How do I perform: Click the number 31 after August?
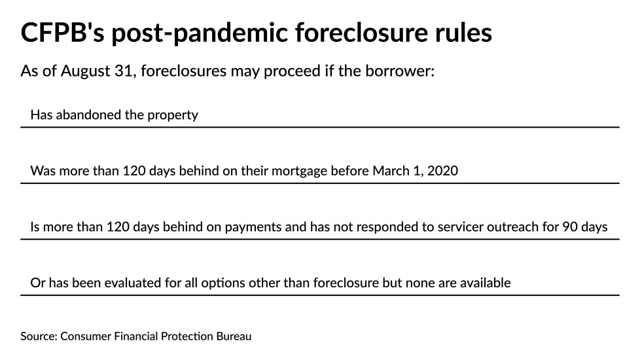(121, 71)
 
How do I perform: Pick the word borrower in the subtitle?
(401, 71)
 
